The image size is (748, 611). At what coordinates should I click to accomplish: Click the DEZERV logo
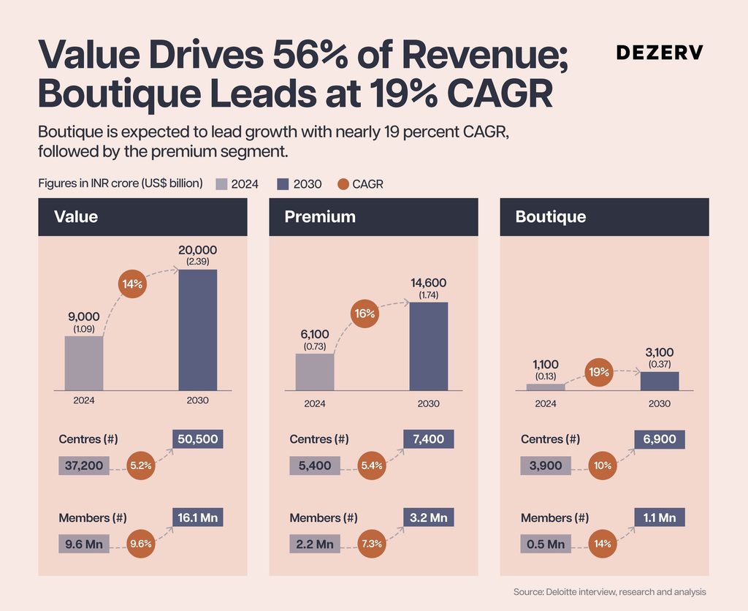tap(660, 53)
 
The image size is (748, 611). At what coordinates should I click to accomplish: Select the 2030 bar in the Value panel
tap(197, 330)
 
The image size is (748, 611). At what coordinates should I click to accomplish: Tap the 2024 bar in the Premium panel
tap(315, 372)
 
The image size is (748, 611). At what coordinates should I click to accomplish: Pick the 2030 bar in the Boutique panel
tap(660, 381)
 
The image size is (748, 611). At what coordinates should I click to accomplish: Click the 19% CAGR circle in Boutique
tap(599, 372)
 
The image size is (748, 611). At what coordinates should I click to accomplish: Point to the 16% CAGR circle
tap(365, 314)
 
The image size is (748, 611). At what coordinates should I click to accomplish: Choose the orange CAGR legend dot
tap(343, 184)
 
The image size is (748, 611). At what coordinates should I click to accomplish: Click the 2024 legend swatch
tap(221, 184)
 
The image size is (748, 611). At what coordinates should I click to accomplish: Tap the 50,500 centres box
tap(197, 439)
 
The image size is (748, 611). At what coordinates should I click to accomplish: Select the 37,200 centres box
tap(84, 466)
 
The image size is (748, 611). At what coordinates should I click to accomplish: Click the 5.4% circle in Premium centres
tap(372, 466)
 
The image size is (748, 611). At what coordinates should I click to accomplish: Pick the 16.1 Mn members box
tap(197, 517)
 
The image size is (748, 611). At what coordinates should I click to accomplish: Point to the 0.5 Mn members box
tap(546, 544)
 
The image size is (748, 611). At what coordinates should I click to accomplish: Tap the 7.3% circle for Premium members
tap(372, 544)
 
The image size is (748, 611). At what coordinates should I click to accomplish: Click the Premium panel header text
tap(320, 217)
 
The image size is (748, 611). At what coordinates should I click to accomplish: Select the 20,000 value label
tap(197, 250)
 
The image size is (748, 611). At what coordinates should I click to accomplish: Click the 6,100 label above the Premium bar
tap(315, 334)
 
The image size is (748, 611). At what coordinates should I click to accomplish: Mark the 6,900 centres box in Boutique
tap(660, 439)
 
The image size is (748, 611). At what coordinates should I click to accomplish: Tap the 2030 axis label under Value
tap(197, 401)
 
